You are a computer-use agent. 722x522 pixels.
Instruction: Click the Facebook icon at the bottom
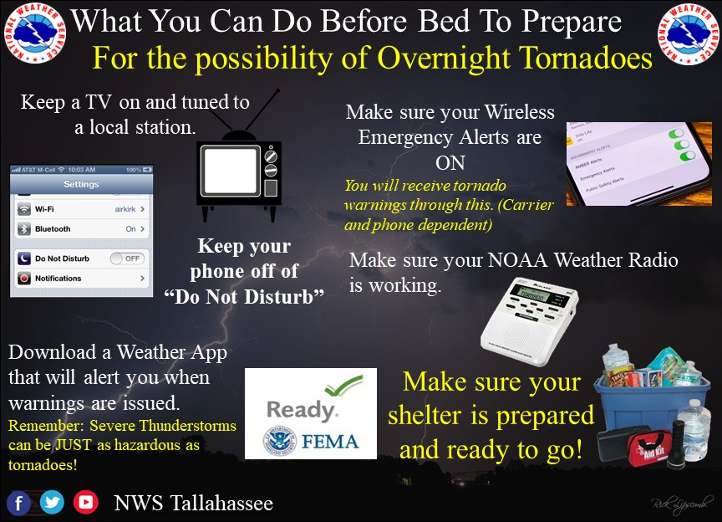(x=19, y=503)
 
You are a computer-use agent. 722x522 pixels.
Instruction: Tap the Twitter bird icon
(x=52, y=503)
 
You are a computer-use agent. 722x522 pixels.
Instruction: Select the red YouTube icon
(x=84, y=503)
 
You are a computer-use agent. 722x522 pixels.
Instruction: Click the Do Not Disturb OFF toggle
(x=127, y=258)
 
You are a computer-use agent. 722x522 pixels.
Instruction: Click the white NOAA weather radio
(x=530, y=321)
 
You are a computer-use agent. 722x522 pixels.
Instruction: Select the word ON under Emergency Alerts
(x=450, y=161)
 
